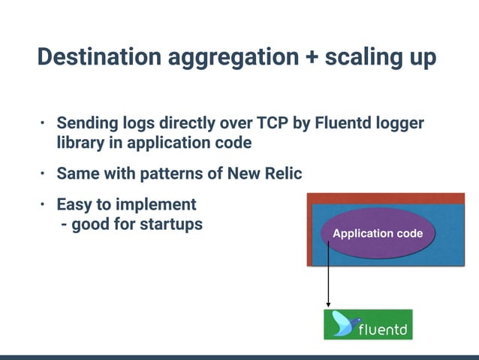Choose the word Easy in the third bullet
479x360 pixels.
pos(76,204)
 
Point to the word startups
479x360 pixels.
pos(171,224)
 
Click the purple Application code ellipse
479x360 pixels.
pos(377,234)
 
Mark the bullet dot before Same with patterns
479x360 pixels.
pos(44,174)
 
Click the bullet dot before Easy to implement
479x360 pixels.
pos(44,204)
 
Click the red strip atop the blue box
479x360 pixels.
pos(383,198)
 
